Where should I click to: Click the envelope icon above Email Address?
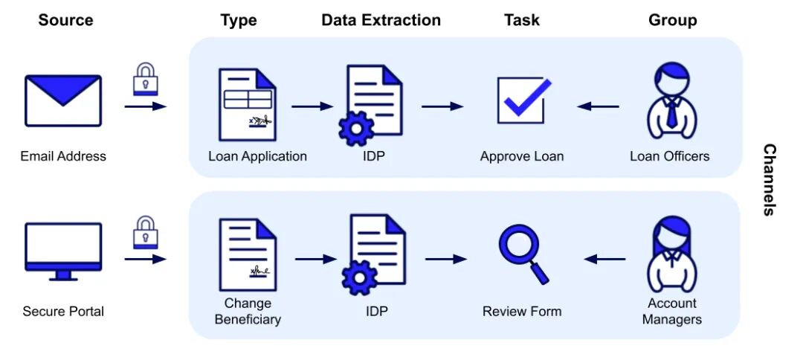62,100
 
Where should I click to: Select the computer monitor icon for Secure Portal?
63,250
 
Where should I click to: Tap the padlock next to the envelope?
145,79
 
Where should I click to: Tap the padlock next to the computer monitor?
145,232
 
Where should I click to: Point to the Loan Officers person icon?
671,102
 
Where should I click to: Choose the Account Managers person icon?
671,254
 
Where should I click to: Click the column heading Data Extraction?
381,20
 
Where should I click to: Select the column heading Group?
672,20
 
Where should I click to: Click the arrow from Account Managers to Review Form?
604,259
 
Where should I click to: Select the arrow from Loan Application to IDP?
312,106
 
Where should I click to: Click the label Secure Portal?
63,311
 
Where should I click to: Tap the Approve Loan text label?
522,156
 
